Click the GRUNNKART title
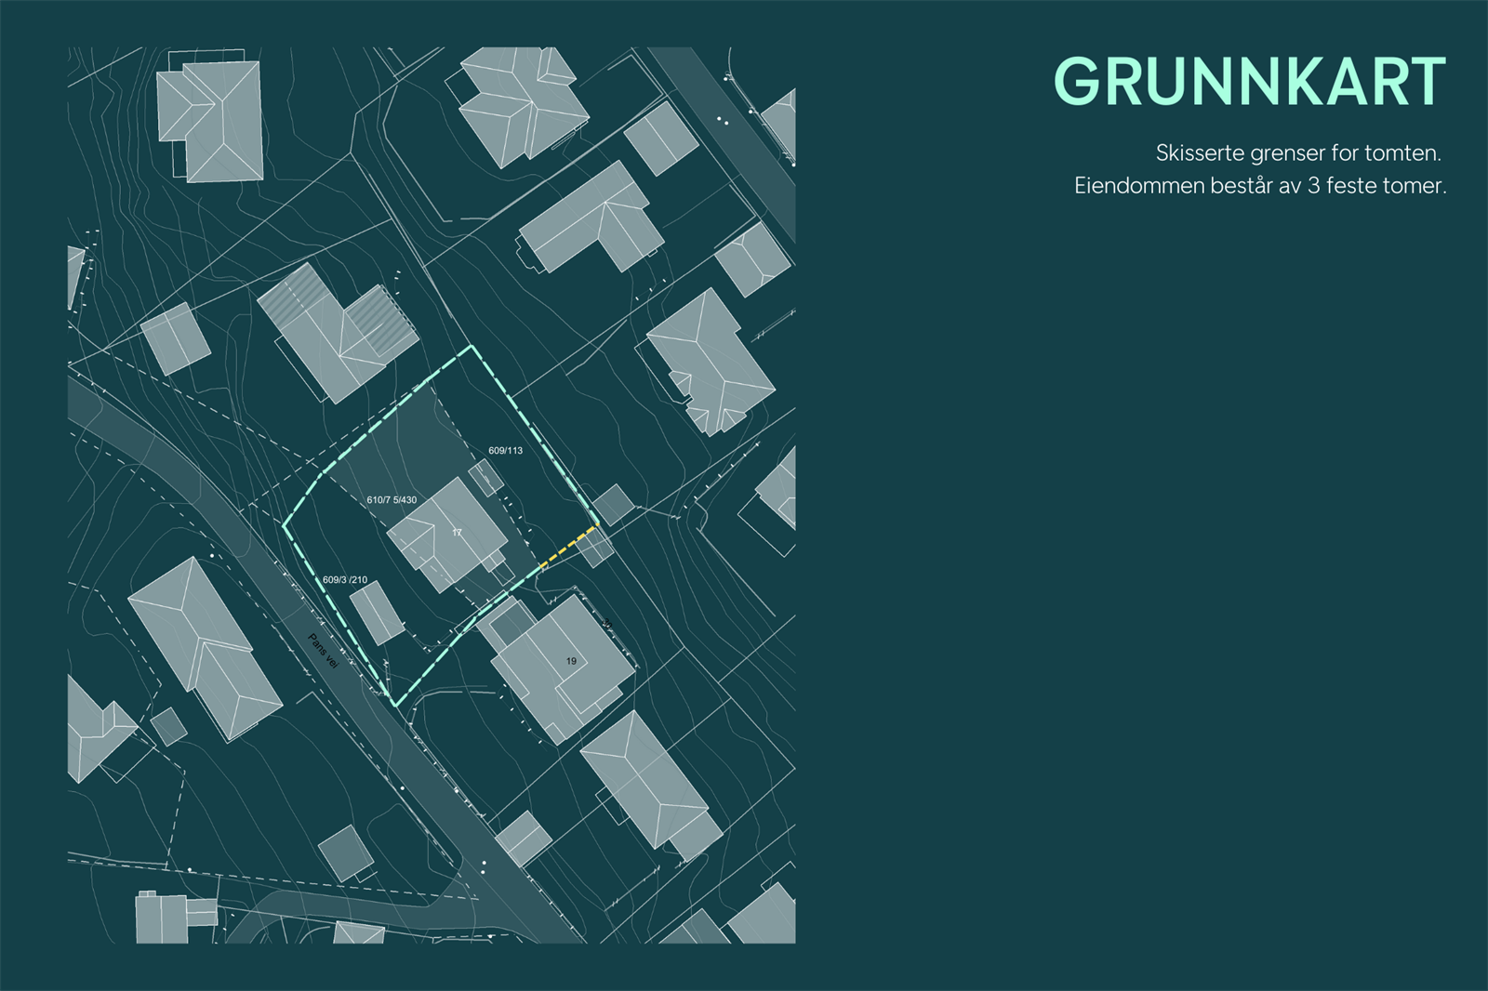point(1249,82)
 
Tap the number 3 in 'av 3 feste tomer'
point(1313,186)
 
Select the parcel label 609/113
point(505,451)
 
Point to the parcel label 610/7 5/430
point(392,500)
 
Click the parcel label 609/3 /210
point(345,580)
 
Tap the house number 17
point(457,533)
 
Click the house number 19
point(571,661)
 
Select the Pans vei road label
point(323,651)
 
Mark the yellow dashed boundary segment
point(569,546)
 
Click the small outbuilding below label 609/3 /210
point(377,613)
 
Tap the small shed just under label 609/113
point(485,478)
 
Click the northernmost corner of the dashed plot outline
point(472,347)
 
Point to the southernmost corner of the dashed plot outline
point(396,706)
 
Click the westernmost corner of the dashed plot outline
point(284,525)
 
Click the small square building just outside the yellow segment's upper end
point(614,505)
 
